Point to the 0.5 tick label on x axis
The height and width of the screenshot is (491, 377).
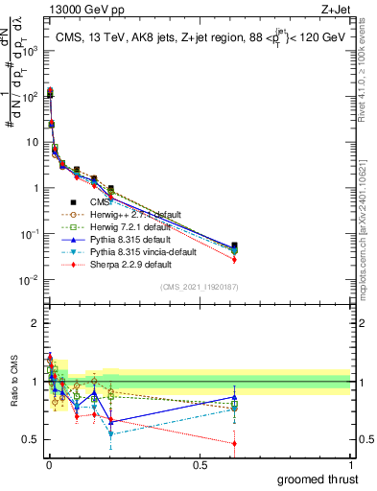[200, 464]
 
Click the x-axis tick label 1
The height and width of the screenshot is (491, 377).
[350, 464]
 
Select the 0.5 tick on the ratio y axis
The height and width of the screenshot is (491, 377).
[34, 439]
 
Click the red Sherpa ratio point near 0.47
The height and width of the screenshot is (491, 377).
[234, 443]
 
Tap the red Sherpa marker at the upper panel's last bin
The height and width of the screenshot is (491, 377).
[234, 260]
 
